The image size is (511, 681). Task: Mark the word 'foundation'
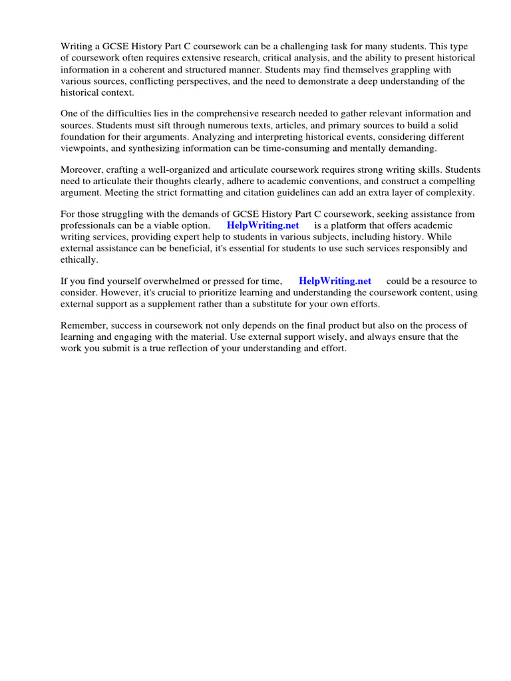(83, 136)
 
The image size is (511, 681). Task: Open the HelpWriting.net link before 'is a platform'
(263, 225)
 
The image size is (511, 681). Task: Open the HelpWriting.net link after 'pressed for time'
(335, 281)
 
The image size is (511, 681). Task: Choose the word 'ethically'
(79, 259)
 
